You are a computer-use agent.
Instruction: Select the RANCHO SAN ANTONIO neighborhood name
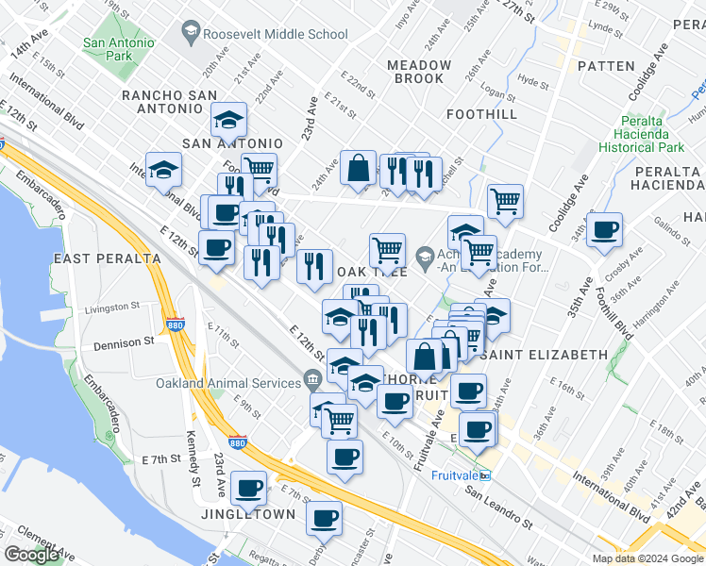point(170,102)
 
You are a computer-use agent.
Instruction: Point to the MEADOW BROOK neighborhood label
point(419,72)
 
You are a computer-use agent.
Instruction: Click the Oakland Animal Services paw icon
point(312,381)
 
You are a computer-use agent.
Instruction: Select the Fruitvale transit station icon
point(485,474)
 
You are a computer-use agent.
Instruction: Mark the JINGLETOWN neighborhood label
point(249,514)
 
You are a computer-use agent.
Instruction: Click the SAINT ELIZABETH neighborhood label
point(543,355)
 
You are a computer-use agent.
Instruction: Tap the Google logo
point(32,555)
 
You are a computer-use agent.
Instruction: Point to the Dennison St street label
point(123,343)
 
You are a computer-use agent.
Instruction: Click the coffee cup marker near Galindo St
point(604,229)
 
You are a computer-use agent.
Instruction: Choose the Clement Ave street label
point(33,530)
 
